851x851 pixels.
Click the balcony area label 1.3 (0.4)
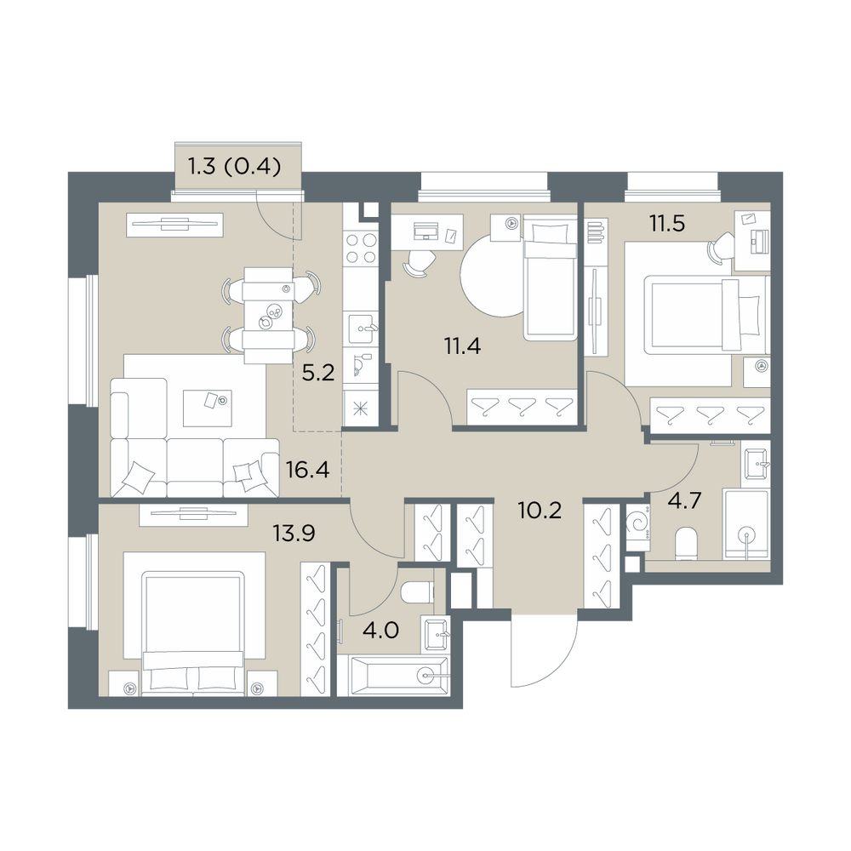tap(235, 167)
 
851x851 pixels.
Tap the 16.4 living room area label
tap(308, 470)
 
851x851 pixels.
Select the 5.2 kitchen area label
tap(318, 373)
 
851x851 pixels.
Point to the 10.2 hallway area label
tap(540, 510)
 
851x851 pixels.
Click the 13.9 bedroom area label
tap(294, 534)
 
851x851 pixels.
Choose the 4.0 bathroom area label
tap(381, 631)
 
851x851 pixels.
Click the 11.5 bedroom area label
tap(667, 223)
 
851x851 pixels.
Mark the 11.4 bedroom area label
tap(462, 346)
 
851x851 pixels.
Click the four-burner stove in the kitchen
tap(362, 248)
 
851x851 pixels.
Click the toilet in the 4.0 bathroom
tap(417, 592)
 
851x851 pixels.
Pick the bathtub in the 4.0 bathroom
tap(393, 675)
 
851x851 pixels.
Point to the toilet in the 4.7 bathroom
tap(687, 543)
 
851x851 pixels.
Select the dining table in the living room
tap(269, 316)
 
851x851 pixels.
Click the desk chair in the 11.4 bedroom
tap(419, 263)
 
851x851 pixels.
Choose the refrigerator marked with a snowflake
tap(360, 408)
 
